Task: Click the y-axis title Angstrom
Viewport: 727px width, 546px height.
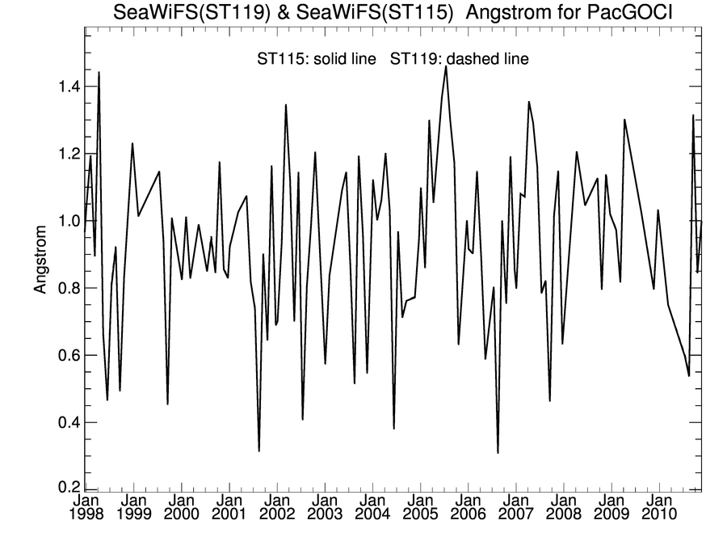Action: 42,257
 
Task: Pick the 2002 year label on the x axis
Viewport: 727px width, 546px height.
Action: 276,514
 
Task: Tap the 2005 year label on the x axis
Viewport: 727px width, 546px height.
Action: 420,514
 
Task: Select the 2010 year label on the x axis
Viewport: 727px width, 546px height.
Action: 659,514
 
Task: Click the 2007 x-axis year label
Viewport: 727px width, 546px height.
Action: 515,514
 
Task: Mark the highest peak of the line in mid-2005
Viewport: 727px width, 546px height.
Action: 446,66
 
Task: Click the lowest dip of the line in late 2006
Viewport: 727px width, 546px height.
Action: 498,453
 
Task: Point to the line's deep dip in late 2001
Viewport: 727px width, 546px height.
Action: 259,451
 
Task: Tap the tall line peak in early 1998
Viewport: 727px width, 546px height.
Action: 99,73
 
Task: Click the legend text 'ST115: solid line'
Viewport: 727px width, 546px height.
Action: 317,59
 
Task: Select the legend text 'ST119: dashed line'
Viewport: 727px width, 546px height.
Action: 460,59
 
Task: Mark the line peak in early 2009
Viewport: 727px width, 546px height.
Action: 624,120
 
